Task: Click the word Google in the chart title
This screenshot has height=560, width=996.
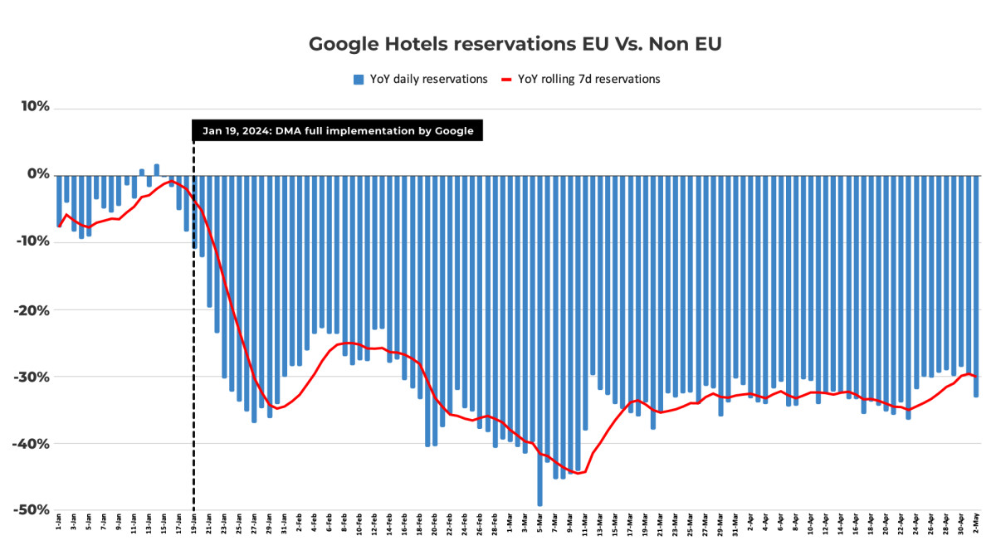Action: [341, 44]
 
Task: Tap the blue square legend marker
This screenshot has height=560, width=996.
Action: [359, 80]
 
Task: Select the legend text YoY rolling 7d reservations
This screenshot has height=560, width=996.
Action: [588, 80]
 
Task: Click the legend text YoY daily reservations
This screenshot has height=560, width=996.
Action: [428, 80]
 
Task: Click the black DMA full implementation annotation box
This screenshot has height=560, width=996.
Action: [337, 130]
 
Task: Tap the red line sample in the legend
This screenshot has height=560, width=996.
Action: [506, 80]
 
